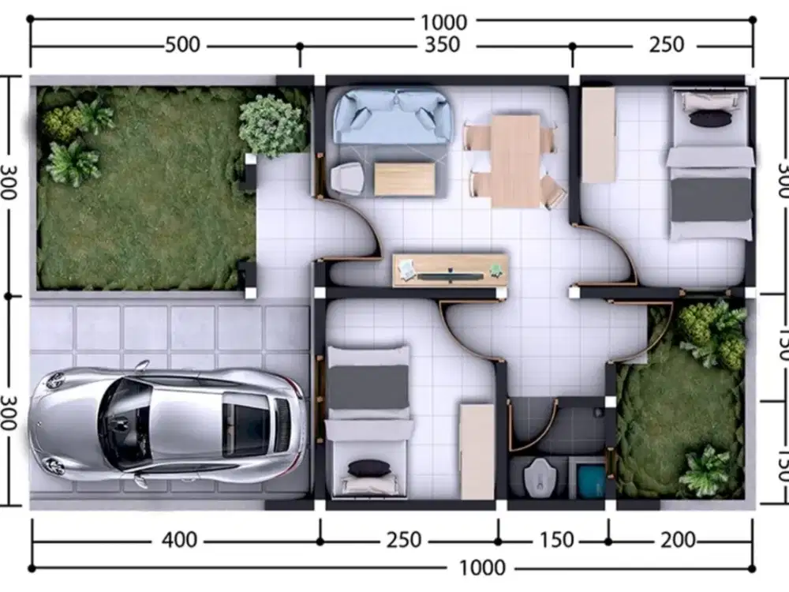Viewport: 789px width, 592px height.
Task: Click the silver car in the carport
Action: [x=167, y=424]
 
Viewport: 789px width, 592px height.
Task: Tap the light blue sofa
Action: [x=392, y=115]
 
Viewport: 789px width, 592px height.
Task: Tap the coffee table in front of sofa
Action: [x=405, y=179]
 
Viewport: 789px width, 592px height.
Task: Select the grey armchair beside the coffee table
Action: [x=347, y=179]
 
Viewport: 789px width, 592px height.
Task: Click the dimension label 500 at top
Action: [x=182, y=45]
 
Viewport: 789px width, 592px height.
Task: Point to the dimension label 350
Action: [x=441, y=45]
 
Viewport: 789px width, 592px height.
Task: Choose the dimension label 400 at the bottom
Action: [x=179, y=541]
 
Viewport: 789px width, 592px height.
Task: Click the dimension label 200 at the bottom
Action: [x=678, y=541]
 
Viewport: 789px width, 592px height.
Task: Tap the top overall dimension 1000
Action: [x=443, y=22]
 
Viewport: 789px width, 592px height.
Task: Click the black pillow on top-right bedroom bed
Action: [x=710, y=118]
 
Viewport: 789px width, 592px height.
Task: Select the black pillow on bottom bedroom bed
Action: [x=369, y=468]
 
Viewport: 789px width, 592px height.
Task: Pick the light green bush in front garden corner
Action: [x=272, y=125]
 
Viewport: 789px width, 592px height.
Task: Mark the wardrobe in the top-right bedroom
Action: [x=598, y=134]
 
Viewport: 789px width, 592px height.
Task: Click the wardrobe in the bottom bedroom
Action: [x=477, y=451]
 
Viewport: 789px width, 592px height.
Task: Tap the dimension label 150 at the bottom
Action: [x=557, y=541]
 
